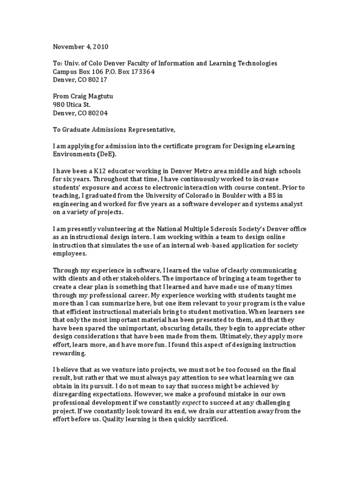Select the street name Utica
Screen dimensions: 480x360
[74, 105]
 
